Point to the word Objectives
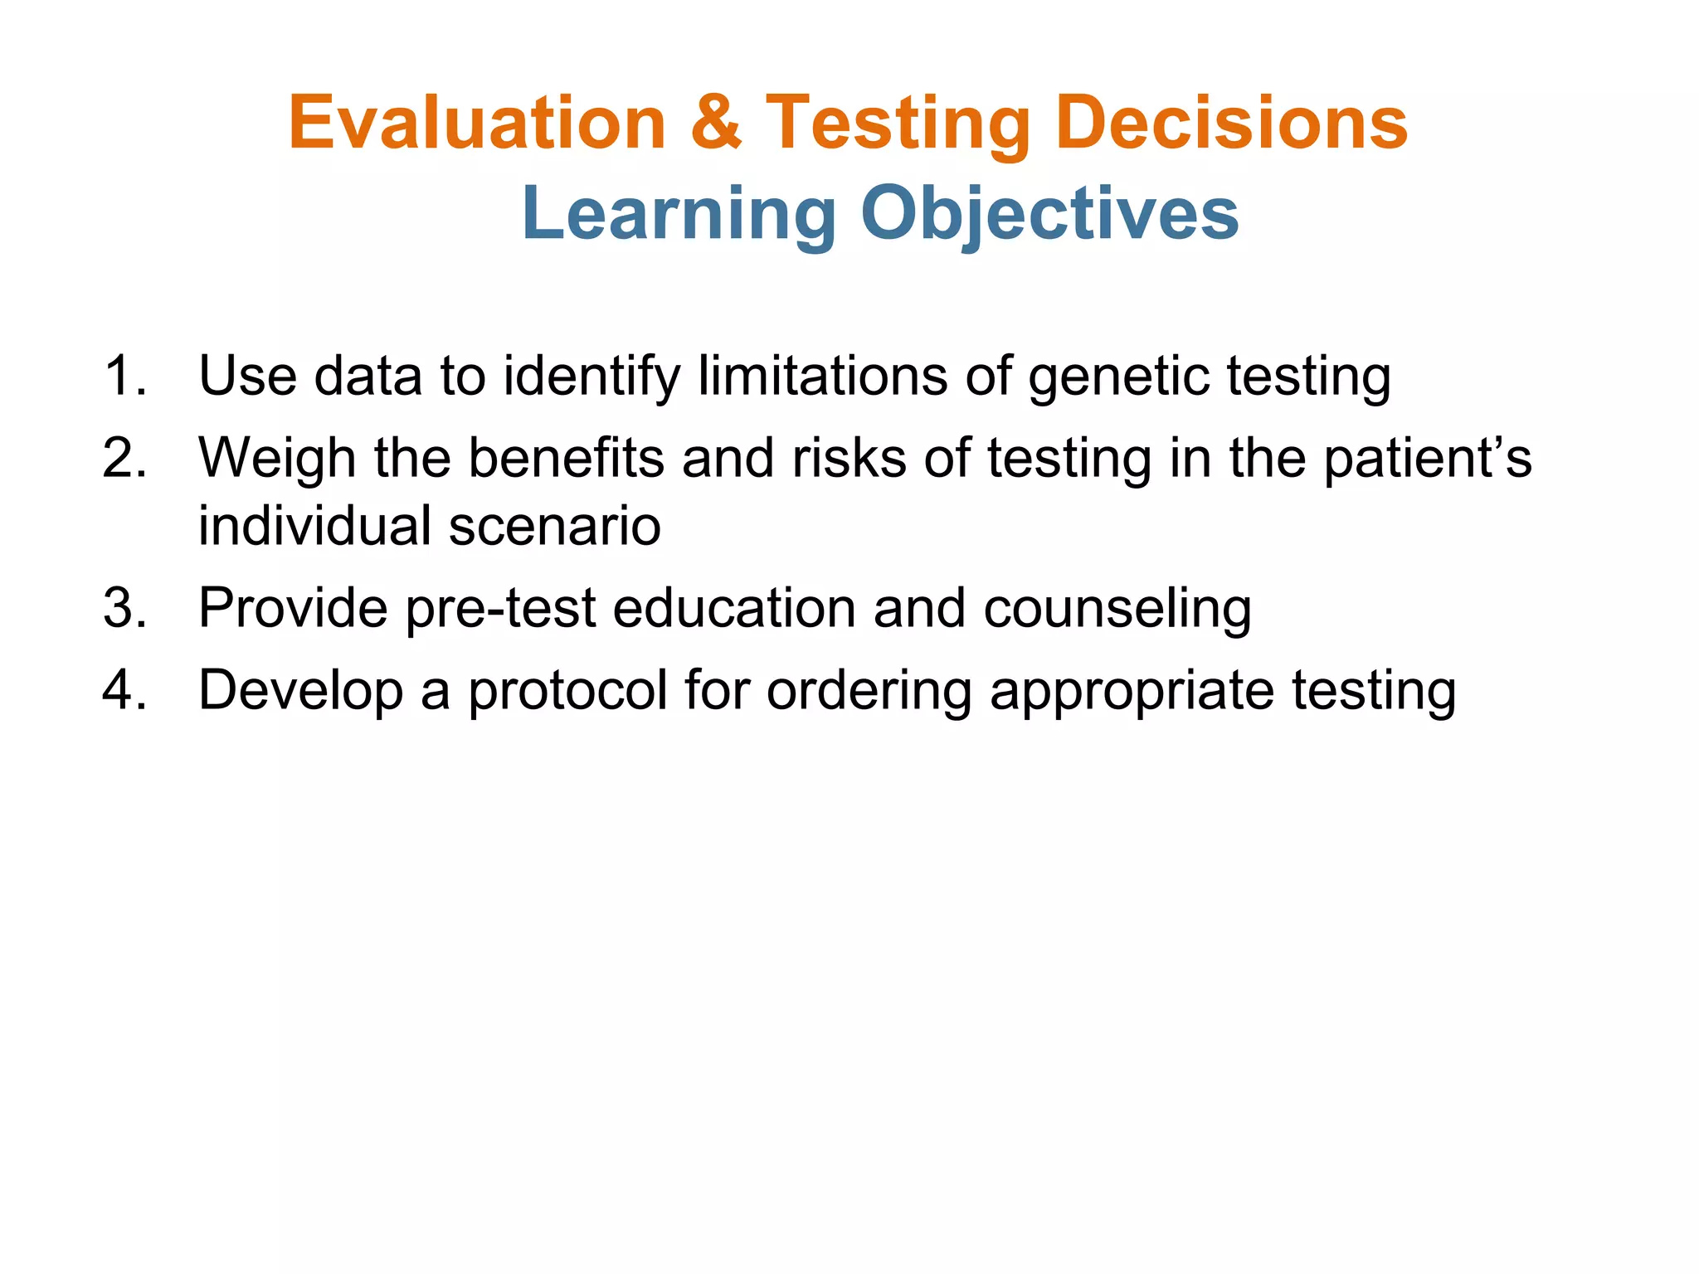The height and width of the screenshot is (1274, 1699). [x=1049, y=214]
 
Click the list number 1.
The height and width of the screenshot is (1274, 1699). [x=124, y=376]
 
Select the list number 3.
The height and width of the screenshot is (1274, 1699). [x=124, y=608]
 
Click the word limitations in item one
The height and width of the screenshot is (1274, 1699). [x=822, y=376]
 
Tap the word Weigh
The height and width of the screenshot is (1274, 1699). [x=277, y=459]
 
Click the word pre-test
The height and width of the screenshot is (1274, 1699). [x=500, y=608]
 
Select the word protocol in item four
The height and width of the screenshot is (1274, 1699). [x=567, y=691]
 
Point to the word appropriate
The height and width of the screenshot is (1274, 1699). [x=1132, y=691]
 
